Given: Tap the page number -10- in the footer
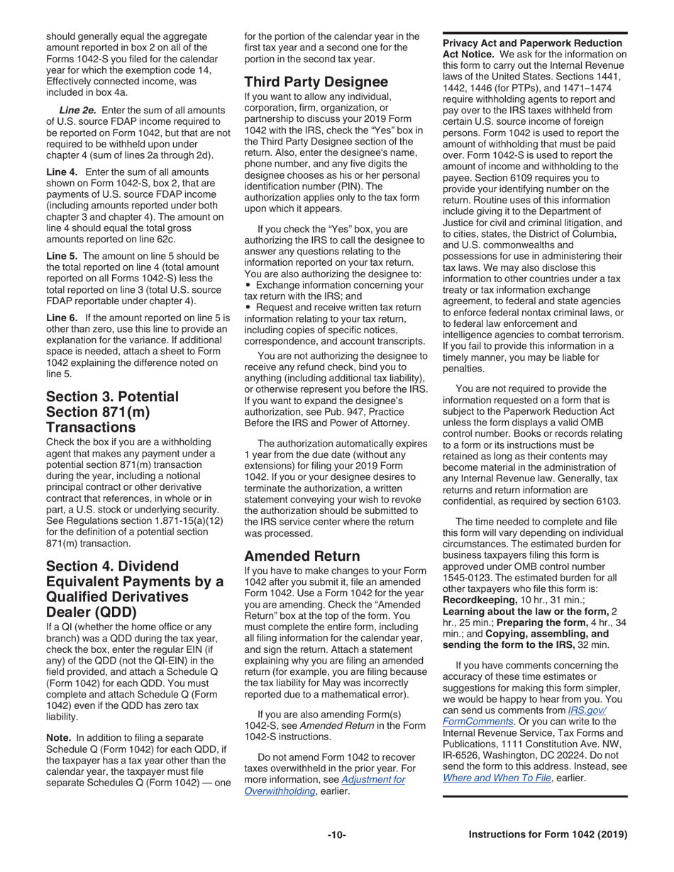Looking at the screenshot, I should tap(336, 834).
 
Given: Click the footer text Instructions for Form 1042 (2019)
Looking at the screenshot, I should tap(548, 834).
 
